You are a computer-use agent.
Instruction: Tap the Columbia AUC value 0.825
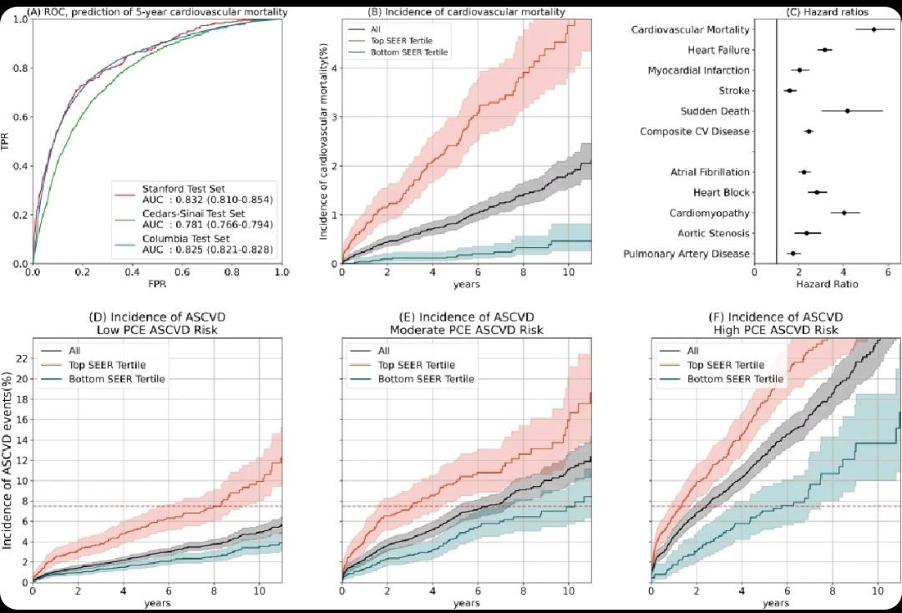point(195,250)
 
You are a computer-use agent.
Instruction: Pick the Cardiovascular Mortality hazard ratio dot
point(874,29)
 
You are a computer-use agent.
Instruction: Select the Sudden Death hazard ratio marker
point(847,111)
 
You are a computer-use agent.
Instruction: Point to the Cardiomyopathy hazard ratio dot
point(844,213)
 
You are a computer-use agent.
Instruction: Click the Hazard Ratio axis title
point(826,284)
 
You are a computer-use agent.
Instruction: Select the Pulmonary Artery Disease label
point(687,254)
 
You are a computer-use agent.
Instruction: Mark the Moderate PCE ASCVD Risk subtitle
point(466,330)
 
